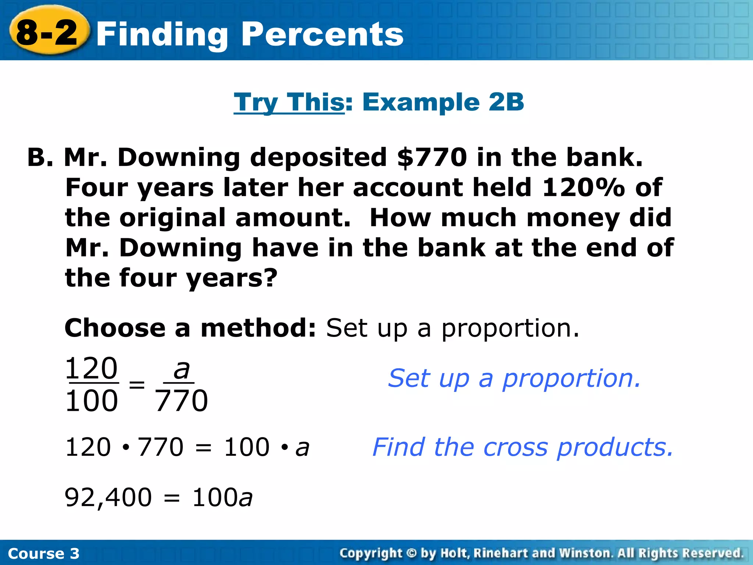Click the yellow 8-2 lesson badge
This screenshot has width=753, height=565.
coord(48,32)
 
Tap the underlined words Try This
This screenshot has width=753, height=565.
coord(289,102)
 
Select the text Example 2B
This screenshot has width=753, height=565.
coord(443,102)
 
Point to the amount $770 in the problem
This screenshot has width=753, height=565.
coord(432,157)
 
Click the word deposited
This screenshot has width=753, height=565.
coord(318,157)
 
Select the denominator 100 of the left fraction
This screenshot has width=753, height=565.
coord(92,401)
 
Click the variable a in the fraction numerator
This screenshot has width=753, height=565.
coord(181,369)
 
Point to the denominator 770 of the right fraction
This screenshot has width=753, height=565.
coord(181,401)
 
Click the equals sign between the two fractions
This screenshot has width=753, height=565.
coord(137,385)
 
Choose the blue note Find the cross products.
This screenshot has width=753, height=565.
coord(522,447)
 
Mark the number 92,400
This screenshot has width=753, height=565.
coord(108,497)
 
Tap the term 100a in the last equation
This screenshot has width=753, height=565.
coord(222,497)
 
